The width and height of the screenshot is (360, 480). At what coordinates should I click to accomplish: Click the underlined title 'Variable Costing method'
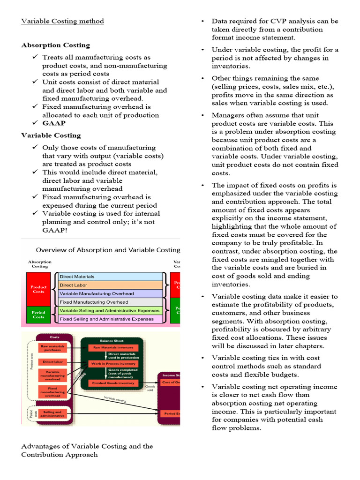(62, 21)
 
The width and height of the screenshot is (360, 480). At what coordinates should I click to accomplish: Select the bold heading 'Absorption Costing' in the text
(55, 45)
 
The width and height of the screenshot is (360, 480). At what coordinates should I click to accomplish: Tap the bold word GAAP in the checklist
(54, 123)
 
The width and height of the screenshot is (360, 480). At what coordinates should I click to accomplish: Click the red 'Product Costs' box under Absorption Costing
(38, 289)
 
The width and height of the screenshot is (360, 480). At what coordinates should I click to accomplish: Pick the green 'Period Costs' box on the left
(38, 315)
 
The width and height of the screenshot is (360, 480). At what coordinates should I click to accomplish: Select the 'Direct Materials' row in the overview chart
(110, 277)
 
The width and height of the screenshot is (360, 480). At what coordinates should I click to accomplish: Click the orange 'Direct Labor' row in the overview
(110, 285)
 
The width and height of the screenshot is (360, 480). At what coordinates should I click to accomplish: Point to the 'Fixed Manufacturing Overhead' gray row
(110, 302)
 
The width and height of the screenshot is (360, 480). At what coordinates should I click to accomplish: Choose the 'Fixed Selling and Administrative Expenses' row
(110, 319)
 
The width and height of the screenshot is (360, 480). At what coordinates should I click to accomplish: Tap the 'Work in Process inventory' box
(114, 363)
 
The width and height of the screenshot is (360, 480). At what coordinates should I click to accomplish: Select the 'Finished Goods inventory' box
(114, 383)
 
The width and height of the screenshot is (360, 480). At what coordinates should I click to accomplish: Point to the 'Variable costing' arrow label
(115, 398)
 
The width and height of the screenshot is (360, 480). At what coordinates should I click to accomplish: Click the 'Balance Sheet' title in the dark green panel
(113, 340)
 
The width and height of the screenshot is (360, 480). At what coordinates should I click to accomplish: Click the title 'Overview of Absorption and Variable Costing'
(108, 250)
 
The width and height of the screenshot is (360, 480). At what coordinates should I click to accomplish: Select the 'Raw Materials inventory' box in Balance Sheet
(114, 347)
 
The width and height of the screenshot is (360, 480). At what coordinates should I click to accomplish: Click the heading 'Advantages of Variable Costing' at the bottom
(87, 446)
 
